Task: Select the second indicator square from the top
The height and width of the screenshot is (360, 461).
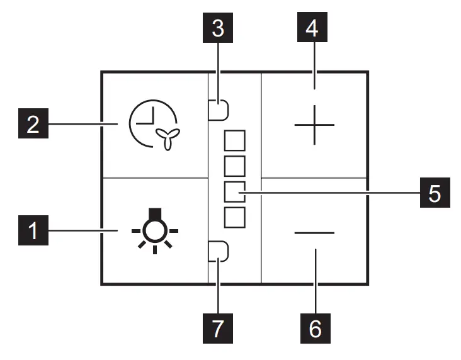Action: (x=234, y=166)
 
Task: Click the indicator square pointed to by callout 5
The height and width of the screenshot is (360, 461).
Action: (x=234, y=191)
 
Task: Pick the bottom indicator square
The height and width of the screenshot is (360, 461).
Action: (x=234, y=217)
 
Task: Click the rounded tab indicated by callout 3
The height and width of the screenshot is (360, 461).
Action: (x=219, y=111)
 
